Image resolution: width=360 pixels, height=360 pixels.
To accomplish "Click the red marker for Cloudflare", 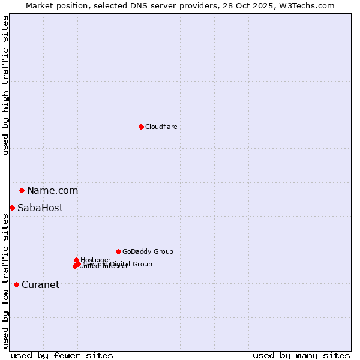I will pos(141,127).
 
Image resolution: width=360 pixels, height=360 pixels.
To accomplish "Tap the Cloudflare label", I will pos(161,127).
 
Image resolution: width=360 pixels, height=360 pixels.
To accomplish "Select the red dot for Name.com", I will pos(22,190).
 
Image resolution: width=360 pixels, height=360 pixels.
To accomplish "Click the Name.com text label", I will pos(52,191).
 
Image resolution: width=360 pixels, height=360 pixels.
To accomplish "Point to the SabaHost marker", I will pos(12,208).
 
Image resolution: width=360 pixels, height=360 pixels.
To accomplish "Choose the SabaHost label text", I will pos(40,208).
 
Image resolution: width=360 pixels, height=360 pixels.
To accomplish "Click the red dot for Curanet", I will pos(16,284).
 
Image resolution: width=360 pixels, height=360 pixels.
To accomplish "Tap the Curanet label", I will pos(40,285).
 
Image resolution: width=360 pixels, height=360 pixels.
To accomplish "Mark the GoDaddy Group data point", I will pos(118,251).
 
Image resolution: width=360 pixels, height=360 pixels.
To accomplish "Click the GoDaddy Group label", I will pos(148,251).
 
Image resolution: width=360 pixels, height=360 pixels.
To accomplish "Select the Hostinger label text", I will pos(95,260).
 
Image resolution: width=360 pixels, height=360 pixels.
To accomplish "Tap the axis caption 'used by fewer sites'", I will pos(62,355).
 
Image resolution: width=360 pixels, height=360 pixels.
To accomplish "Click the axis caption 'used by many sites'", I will pos(301,355).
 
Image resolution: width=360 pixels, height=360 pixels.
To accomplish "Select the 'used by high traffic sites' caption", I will pos(5,85).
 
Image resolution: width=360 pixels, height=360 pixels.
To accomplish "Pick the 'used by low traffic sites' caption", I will pos(5,281).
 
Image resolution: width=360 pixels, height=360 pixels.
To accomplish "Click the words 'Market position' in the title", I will pos(53,5).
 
